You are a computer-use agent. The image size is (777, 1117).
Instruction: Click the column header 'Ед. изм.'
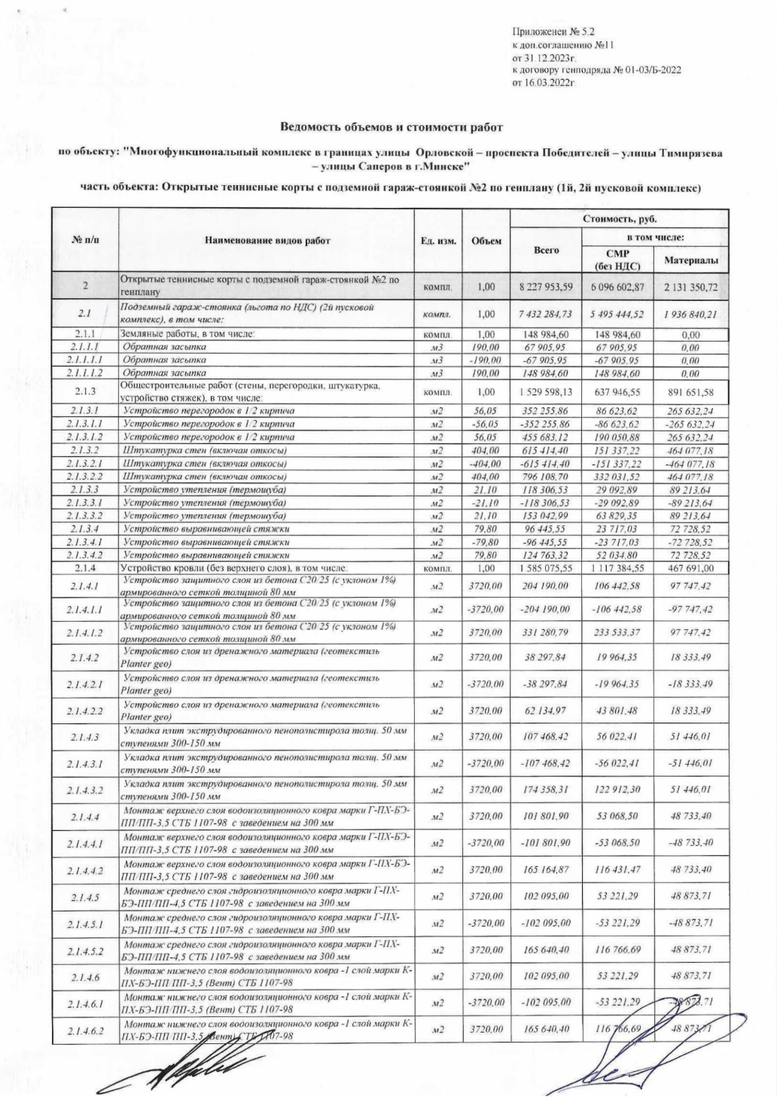pos(439,241)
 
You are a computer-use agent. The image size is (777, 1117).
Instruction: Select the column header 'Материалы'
pos(691,261)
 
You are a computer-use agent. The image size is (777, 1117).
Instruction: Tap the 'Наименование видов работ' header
pos(267,241)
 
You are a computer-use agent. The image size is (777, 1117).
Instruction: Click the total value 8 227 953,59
pos(546,286)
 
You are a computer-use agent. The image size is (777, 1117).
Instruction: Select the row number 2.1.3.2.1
pos(85,464)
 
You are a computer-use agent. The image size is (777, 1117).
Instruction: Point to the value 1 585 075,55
pos(546,568)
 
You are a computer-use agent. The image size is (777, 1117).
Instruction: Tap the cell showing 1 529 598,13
pos(546,392)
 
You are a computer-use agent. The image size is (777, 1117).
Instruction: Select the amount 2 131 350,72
pos(691,286)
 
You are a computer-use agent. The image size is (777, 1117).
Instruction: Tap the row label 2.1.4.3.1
pos(85,764)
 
